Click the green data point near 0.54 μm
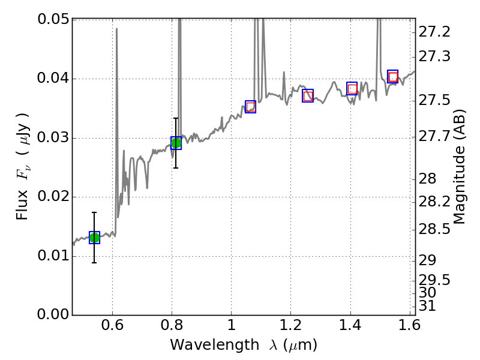pos(94,238)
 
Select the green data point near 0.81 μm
pos(176,143)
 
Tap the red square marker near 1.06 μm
pos(251,107)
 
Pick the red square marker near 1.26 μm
pos(308,96)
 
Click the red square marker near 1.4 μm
pos(352,89)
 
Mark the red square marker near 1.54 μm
pos(393,77)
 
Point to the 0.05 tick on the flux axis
pos(53,20)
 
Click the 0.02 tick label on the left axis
pos(53,197)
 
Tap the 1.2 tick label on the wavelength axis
pos(290,328)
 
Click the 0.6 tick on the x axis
pos(113,328)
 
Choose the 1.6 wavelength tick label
pos(409,328)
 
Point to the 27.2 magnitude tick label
pos(434,31)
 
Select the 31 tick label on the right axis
pos(428,306)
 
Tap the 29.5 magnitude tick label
pos(434,280)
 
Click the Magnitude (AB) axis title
pos(460,167)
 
